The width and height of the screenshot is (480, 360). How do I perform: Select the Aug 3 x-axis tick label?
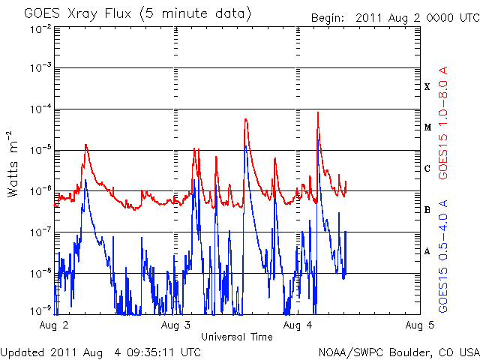(x=176, y=325)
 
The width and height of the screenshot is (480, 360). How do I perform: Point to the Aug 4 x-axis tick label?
(x=298, y=325)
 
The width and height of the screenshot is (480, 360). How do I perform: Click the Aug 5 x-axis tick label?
(x=419, y=325)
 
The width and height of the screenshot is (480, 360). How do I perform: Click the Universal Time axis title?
(x=236, y=337)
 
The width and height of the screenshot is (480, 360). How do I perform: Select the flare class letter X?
(x=427, y=87)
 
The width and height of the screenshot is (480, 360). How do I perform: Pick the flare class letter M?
(x=427, y=127)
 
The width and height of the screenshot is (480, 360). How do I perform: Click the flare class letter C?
(x=427, y=169)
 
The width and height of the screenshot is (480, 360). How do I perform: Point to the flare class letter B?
(x=427, y=210)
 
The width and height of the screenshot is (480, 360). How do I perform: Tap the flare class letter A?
(x=427, y=251)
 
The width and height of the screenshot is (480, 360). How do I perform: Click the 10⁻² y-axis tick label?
(x=40, y=28)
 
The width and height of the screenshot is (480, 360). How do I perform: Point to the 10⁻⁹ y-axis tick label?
(x=40, y=310)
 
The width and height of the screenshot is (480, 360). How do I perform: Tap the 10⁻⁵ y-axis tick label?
(x=40, y=149)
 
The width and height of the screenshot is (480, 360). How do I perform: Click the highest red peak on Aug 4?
(x=318, y=113)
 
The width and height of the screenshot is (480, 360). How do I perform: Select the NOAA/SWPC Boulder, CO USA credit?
(x=398, y=351)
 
